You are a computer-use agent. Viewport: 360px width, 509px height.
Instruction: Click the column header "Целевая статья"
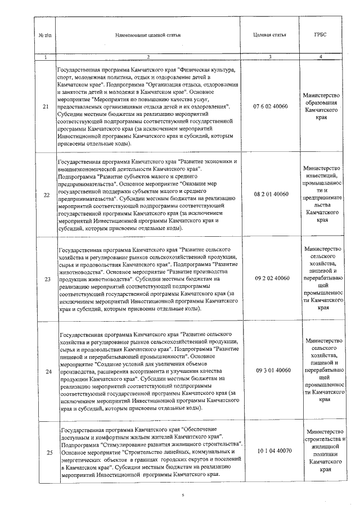tap(270, 35)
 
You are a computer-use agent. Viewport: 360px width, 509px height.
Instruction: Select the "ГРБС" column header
tap(320, 35)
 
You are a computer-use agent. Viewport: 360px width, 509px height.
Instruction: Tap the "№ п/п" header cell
tap(45, 35)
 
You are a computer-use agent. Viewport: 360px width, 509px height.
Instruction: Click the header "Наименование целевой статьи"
tap(148, 35)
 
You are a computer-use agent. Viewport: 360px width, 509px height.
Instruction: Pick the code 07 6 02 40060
tap(271, 106)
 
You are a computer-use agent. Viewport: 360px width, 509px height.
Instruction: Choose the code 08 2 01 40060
tap(271, 194)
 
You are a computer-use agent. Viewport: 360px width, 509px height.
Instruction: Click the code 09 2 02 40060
tap(271, 278)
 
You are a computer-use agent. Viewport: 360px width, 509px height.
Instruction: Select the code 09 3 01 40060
tap(271, 370)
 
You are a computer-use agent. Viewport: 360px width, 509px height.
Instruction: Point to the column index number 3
tap(270, 56)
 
